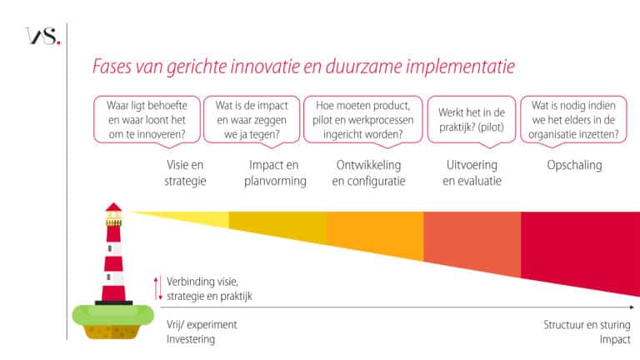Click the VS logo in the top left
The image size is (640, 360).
tap(42, 37)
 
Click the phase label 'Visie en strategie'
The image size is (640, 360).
tap(186, 172)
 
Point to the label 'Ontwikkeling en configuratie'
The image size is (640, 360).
tap(368, 172)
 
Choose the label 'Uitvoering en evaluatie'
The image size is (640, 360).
tap(472, 172)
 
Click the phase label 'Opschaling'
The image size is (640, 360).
tap(574, 165)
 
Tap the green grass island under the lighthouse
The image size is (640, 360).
tap(112, 315)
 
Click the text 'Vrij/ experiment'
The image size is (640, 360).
tap(202, 326)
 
